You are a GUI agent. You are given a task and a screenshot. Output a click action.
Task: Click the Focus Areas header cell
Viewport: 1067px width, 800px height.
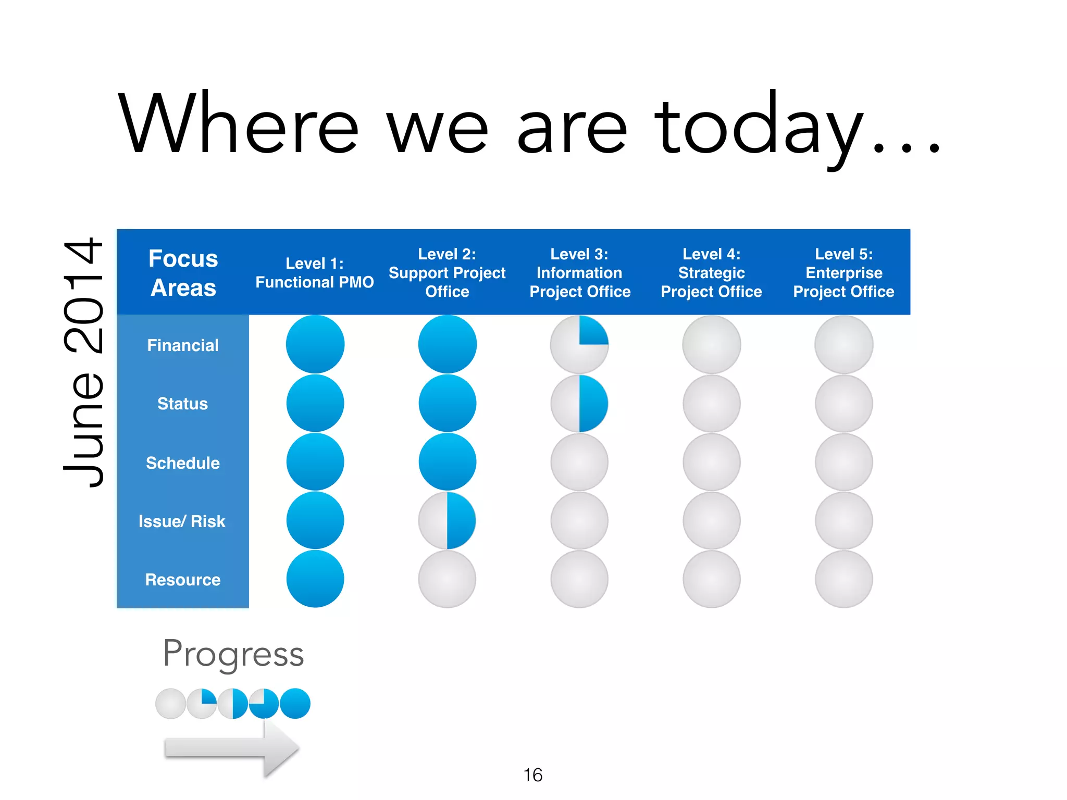tap(183, 273)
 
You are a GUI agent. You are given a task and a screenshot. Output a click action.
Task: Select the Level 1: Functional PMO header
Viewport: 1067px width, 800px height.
tap(315, 273)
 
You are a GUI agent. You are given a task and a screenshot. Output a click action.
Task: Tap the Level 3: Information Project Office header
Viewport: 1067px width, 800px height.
tap(579, 273)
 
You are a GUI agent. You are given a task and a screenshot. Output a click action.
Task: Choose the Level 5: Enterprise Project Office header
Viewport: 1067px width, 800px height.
tap(843, 273)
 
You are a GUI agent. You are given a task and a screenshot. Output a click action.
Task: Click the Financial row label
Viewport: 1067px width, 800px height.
tap(183, 345)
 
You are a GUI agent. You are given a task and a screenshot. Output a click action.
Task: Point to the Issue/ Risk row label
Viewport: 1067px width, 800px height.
tap(182, 521)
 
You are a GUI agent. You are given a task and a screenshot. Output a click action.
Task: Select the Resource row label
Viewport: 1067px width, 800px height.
tap(183, 580)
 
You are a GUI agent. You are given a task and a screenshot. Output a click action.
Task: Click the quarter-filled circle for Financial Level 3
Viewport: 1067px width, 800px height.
tap(579, 344)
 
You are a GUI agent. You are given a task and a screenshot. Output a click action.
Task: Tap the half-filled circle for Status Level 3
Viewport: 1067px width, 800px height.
tap(579, 404)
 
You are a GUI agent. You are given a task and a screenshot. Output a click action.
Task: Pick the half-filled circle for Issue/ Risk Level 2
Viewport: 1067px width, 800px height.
tap(447, 520)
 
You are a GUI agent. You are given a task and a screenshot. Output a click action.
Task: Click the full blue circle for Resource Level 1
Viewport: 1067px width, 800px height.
tap(315, 579)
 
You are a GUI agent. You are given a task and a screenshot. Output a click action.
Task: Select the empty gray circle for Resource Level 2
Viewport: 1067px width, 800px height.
tap(447, 579)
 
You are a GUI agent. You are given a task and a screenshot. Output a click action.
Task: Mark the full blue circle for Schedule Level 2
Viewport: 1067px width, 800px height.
tap(447, 462)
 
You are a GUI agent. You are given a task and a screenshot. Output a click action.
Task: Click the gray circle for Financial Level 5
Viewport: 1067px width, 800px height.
tap(843, 344)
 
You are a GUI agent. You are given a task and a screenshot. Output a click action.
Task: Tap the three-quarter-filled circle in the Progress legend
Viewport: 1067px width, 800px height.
tap(264, 704)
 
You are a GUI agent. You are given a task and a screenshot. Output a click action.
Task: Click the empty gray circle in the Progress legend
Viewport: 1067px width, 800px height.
tap(170, 704)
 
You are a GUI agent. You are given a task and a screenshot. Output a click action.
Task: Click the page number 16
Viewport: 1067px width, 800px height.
tap(532, 775)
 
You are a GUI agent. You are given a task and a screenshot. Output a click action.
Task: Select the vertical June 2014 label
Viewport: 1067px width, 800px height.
tap(83, 362)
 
